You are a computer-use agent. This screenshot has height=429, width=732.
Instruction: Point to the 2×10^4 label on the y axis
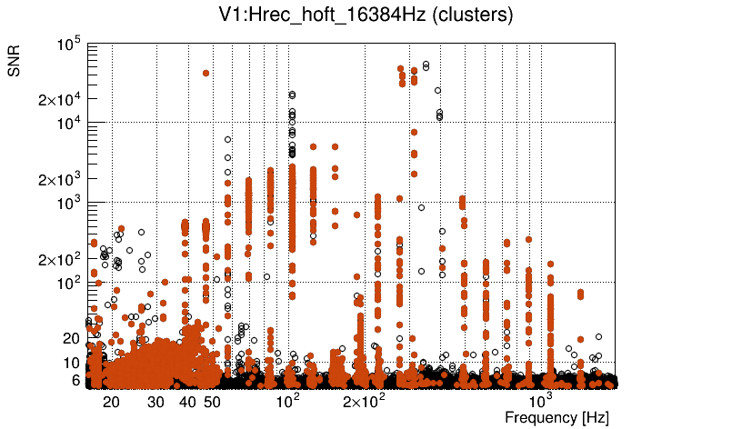[59, 99]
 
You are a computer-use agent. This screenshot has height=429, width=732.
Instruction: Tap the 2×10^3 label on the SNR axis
[59, 179]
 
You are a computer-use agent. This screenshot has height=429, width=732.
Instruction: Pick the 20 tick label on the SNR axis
[72, 338]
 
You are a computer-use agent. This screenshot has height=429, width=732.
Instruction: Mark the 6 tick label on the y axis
[76, 380]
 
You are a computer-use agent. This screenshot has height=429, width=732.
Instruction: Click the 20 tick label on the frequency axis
[111, 402]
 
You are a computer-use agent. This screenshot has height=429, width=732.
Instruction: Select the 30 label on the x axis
[155, 402]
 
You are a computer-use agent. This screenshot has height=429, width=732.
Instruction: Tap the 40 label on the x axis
[187, 402]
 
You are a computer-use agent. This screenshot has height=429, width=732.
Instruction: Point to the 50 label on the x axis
[212, 402]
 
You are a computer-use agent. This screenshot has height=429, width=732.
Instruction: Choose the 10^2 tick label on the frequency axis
[287, 401]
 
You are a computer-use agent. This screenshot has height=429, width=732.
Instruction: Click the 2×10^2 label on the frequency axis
[363, 401]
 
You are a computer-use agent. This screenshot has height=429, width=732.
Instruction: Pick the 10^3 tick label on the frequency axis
[541, 401]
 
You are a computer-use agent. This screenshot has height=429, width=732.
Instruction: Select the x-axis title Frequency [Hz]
[557, 418]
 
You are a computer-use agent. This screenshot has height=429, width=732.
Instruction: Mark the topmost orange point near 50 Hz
[206, 73]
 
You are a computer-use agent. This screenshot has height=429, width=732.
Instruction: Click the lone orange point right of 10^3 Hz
[580, 293]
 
